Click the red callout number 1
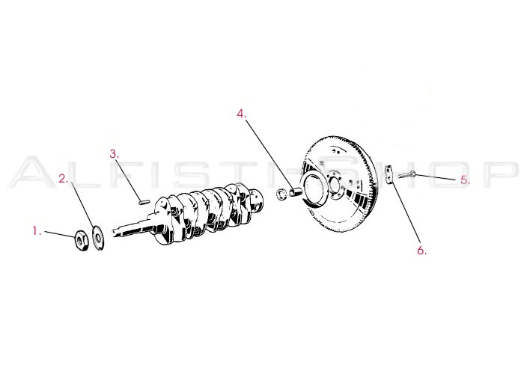[x=35, y=232]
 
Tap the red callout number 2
[x=64, y=179]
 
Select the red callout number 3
[x=115, y=154]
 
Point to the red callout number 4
[x=241, y=114]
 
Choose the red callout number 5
[x=464, y=180]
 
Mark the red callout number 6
[x=421, y=251]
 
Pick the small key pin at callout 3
[x=144, y=199]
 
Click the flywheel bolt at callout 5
[x=405, y=177]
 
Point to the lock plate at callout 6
[x=389, y=177]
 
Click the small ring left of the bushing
[x=281, y=196]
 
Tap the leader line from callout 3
[x=129, y=178]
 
